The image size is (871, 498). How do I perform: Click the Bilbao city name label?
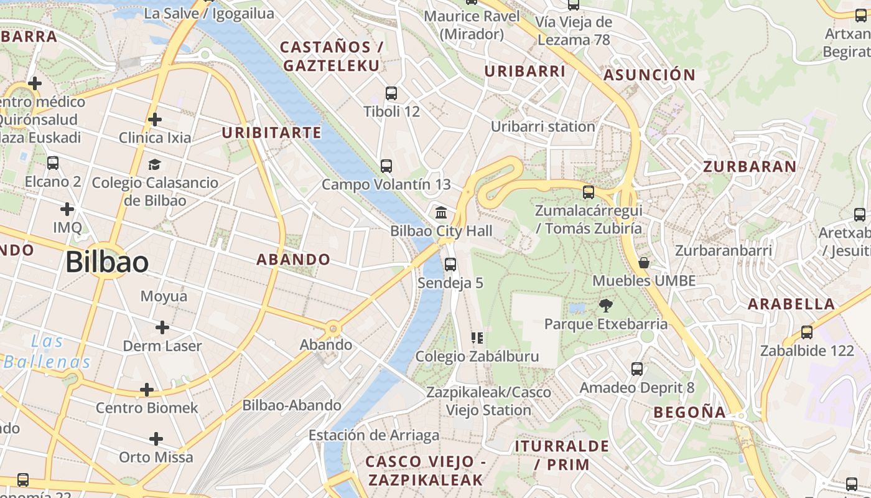click(107, 262)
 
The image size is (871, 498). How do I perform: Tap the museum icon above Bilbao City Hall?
click(442, 213)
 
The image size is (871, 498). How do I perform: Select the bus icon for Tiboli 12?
click(391, 93)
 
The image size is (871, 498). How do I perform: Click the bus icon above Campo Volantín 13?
click(386, 166)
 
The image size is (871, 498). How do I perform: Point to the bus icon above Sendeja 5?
click(450, 265)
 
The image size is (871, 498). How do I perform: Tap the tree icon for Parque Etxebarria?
click(605, 306)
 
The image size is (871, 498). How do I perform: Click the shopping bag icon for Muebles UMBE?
click(644, 263)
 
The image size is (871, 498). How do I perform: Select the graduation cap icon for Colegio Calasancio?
click(154, 164)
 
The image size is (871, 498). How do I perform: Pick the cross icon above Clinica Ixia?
click(155, 119)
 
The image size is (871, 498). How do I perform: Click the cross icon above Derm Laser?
click(162, 327)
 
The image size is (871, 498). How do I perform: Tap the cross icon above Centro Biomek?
click(147, 390)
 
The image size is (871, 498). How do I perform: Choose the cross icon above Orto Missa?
click(156, 439)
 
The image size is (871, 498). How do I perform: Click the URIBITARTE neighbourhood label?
click(272, 133)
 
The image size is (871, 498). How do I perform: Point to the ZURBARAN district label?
click(750, 167)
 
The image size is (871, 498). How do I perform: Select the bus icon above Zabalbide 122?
click(807, 332)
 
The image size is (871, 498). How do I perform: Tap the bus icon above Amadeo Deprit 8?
click(637, 369)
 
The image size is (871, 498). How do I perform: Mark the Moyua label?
click(164, 296)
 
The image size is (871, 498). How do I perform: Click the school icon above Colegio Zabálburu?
click(477, 338)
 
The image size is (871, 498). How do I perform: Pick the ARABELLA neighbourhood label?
click(791, 304)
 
